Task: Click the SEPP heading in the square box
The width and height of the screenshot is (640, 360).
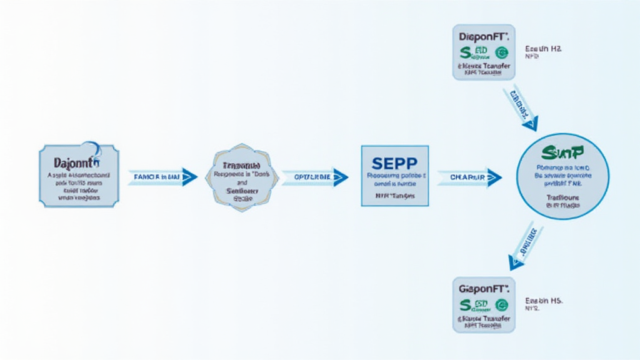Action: (394, 164)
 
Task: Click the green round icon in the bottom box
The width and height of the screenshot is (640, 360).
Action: (501, 305)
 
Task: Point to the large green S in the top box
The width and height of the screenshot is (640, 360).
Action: (465, 52)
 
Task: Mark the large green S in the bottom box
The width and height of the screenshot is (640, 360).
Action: (465, 305)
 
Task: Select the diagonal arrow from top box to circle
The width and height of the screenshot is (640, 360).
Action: (520, 107)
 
